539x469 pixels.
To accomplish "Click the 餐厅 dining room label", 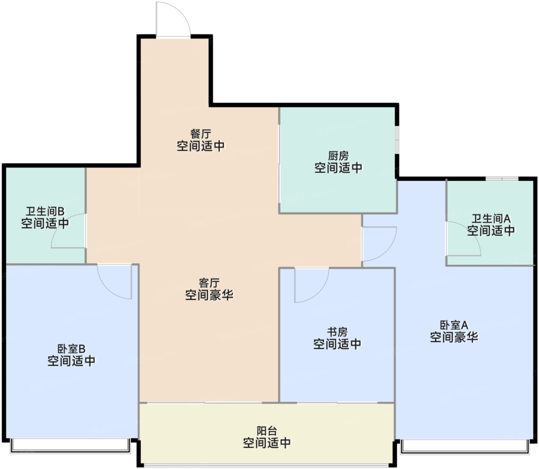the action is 201,134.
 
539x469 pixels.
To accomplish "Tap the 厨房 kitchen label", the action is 338,156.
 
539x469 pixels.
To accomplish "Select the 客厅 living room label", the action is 209,283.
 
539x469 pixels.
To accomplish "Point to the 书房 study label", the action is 337,332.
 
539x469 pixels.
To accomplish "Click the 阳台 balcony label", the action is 266,431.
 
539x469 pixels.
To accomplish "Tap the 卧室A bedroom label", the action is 454,325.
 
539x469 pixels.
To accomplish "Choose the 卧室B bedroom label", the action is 71,349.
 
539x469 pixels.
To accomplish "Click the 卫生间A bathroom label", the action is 491,219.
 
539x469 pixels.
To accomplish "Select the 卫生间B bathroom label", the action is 45,211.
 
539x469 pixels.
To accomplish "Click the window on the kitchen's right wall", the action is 397,140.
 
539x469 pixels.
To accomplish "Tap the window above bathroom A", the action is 502,179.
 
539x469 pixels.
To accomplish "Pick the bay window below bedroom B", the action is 70,446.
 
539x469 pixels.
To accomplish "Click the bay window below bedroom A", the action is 465,447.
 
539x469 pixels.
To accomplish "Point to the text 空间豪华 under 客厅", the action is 209,295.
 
